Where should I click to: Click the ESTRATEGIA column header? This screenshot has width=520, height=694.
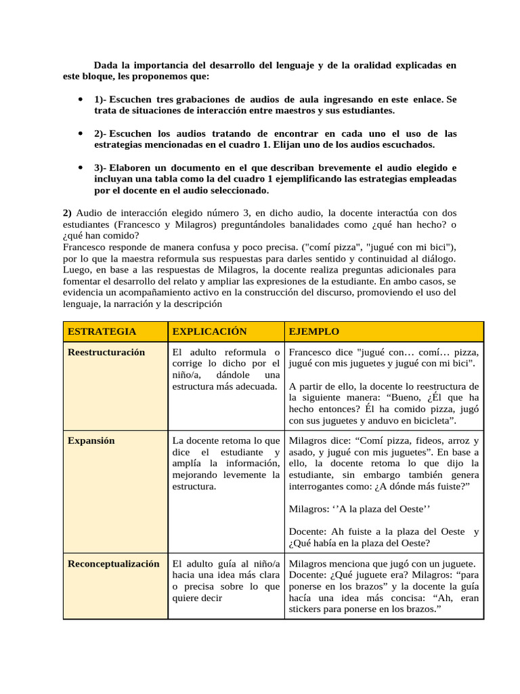tap(102, 331)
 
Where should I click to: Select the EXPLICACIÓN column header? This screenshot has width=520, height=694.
tap(209, 331)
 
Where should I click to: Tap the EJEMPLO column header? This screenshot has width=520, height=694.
tap(313, 331)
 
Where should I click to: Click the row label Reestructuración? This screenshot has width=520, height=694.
tap(106, 352)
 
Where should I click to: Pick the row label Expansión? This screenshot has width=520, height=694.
tap(91, 441)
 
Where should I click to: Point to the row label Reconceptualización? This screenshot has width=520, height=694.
tap(114, 564)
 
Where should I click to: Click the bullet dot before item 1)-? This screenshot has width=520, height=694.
tap(81, 99)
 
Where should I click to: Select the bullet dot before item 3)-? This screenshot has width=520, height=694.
tap(81, 167)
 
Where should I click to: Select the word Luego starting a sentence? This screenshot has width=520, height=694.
tap(75, 270)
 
